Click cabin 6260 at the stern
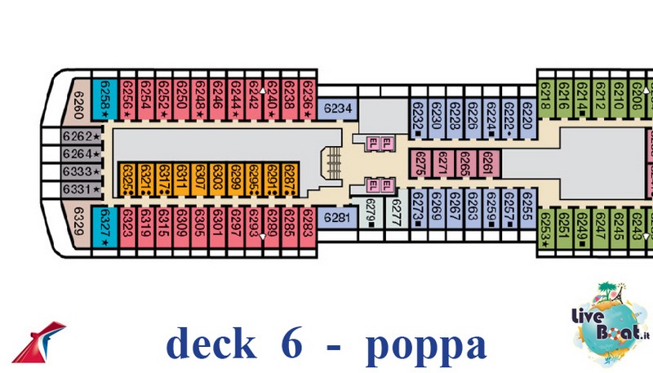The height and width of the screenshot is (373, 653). coord(79,103)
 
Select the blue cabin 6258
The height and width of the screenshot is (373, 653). coord(104,100)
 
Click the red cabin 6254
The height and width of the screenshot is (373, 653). coord(145,100)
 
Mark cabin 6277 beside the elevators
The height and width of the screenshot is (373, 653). coord(397,214)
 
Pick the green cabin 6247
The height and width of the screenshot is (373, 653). coord(600,229)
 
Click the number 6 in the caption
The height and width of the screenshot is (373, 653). coord(294,344)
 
